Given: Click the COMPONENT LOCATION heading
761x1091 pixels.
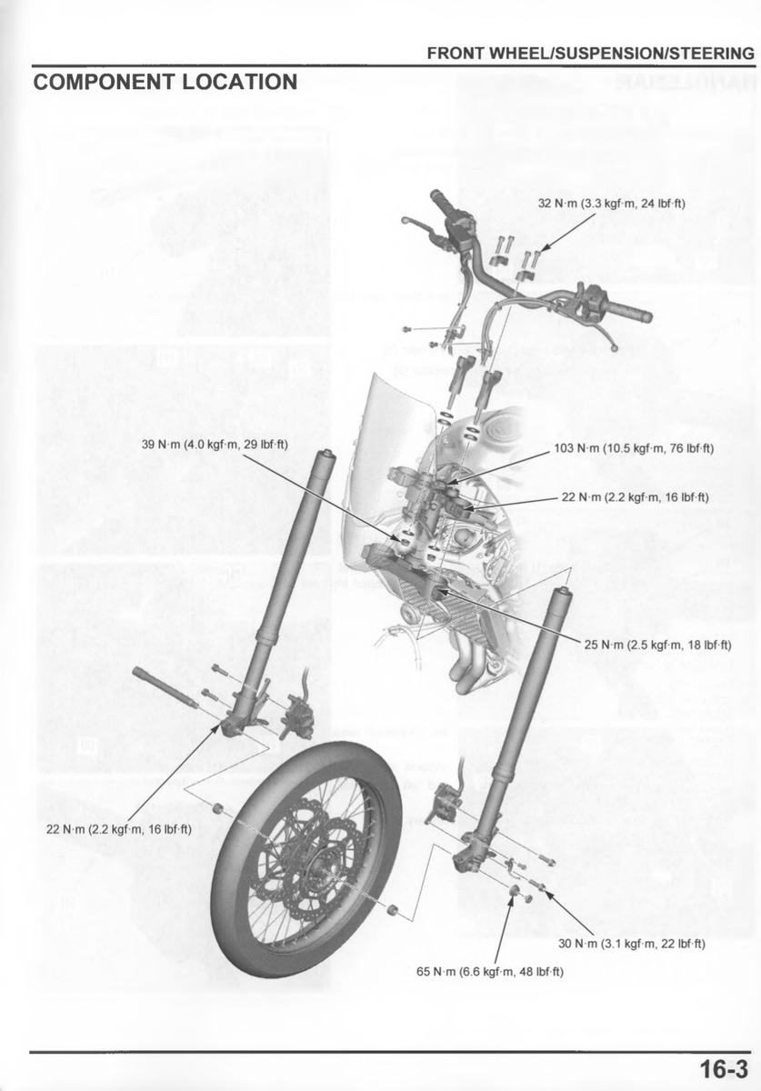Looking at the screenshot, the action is point(165,82).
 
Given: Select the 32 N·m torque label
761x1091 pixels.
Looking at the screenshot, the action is point(611,203).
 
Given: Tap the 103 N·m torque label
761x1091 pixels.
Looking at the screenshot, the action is point(634,448).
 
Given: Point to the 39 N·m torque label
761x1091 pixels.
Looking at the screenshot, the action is point(215,445).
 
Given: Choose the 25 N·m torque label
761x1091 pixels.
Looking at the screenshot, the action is point(657,645).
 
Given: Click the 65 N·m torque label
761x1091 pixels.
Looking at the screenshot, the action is point(490,972).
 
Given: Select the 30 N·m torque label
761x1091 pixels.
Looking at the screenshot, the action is point(632,944).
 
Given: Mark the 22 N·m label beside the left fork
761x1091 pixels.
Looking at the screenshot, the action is point(119,829).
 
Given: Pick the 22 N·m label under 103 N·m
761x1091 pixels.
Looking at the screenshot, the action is point(636,497).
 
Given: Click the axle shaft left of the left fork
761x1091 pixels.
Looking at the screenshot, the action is point(165,687).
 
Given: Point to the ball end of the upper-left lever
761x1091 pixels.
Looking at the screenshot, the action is point(406,221).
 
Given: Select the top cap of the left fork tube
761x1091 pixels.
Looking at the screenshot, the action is point(325,455).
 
